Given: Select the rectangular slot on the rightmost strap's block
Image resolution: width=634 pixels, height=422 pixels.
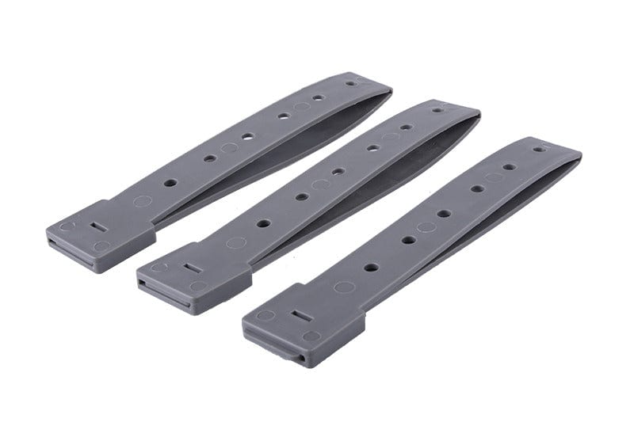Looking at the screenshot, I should coord(300,316).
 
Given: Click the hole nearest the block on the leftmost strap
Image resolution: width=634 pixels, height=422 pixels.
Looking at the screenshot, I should coord(170,182).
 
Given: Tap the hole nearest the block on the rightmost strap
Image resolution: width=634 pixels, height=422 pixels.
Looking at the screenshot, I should coord(370,267).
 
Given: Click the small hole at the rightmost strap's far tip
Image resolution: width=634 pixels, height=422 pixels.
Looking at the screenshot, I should coord(538,149).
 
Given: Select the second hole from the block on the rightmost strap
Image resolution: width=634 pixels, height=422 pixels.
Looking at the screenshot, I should coord(408,239).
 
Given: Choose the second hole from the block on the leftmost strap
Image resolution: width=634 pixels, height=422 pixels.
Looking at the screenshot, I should coord(209,158).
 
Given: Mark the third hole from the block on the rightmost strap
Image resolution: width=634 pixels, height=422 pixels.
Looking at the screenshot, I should coord(444,213).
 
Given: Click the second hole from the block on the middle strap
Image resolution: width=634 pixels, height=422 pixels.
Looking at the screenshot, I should coord(301,196).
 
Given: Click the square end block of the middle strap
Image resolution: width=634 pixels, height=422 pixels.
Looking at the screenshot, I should coord(194,273).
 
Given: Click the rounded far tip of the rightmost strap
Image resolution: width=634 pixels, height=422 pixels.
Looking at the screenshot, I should coord(567,150).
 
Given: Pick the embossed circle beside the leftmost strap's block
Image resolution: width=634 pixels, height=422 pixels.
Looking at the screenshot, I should coord(142,201).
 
